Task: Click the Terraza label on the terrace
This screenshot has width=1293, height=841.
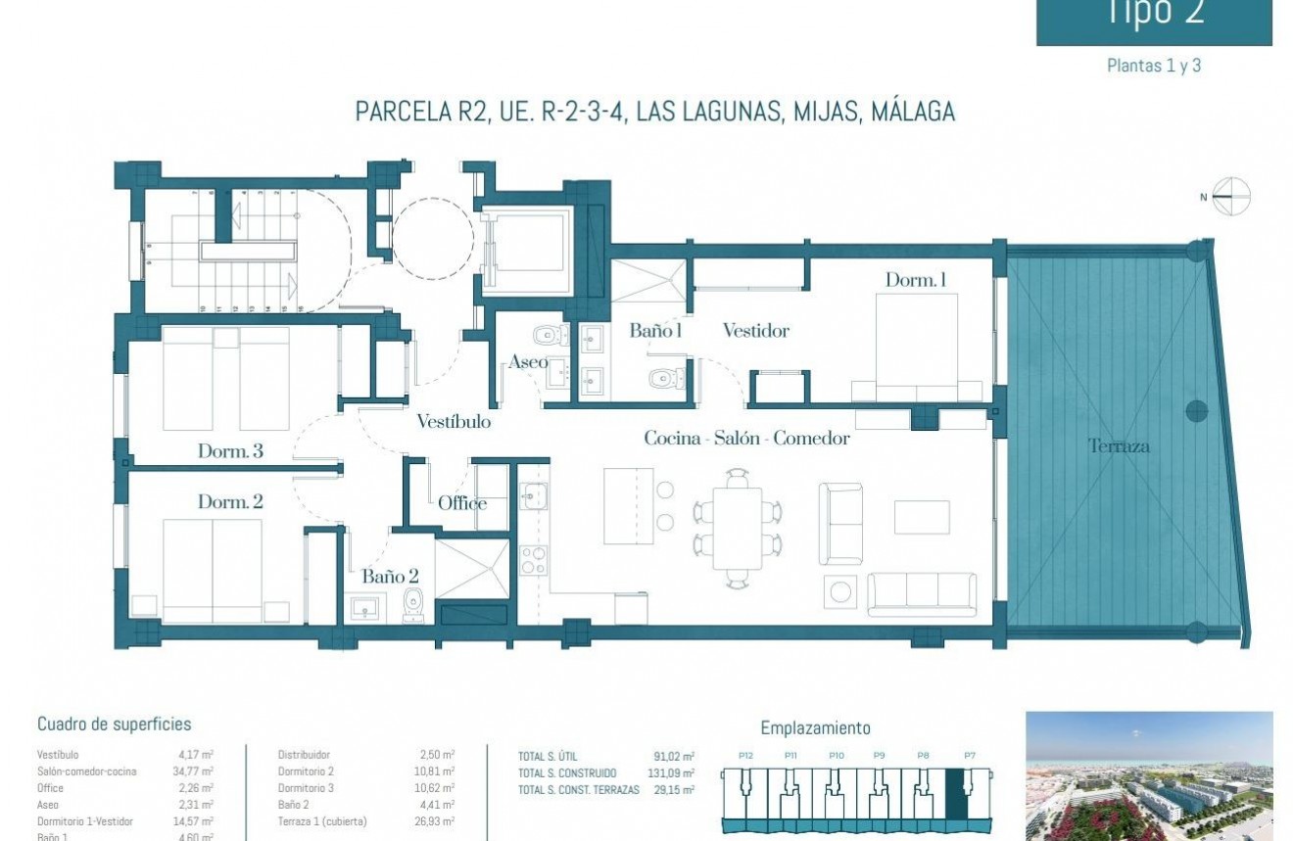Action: coord(1119,446)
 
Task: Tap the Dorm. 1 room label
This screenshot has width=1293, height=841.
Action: coord(915,280)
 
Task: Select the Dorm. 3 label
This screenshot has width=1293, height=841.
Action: coord(230,451)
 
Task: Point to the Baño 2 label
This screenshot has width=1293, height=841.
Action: coord(390,577)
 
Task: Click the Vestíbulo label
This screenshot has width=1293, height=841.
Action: coord(454,422)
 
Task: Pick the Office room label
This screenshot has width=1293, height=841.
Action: coord(462,503)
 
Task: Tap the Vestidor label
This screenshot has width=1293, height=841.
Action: coord(755,331)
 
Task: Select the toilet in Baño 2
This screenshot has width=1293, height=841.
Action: coord(412,606)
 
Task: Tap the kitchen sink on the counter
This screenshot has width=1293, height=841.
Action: coord(533,496)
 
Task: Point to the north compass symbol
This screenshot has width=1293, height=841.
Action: coord(1231,197)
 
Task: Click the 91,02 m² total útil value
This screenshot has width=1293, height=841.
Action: coord(673,757)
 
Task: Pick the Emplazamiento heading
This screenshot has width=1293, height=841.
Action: coord(815,728)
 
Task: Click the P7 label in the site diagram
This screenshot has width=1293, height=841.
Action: coord(969,756)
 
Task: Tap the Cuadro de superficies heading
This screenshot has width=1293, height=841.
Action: coord(114,724)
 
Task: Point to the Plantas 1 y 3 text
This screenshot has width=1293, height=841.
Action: coord(1153,67)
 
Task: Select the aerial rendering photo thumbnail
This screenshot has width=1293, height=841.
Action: coord(1148,775)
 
